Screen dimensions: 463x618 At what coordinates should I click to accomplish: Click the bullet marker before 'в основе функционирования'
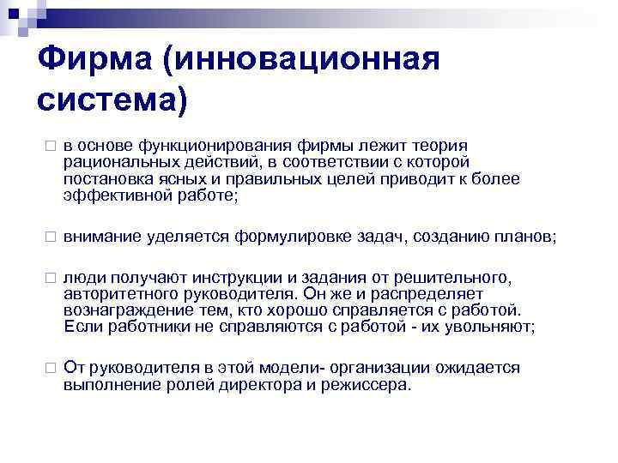click(51, 147)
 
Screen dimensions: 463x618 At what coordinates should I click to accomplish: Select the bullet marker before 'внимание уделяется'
click(51, 237)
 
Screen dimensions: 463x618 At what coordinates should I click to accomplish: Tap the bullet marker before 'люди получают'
click(51, 279)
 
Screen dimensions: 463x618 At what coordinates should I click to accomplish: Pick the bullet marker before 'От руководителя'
click(51, 368)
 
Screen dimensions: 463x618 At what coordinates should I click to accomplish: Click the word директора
click(254, 384)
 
